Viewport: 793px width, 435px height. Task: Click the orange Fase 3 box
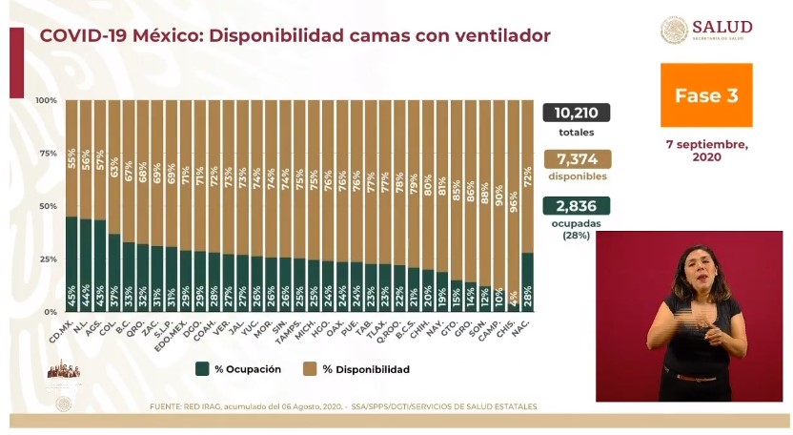coord(706,95)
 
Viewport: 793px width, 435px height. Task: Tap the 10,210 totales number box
coord(577,113)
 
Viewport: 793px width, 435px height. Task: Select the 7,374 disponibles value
coord(577,159)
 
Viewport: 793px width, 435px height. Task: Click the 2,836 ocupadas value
coord(577,206)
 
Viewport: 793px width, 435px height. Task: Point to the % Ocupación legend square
coord(202,369)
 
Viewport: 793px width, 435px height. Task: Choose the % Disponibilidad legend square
coord(310,369)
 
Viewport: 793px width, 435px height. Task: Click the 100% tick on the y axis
coord(47,100)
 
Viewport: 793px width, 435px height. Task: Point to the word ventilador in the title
coord(498,36)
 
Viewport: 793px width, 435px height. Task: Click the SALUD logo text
coord(722,27)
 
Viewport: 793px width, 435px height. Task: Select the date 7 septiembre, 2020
coord(706,150)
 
